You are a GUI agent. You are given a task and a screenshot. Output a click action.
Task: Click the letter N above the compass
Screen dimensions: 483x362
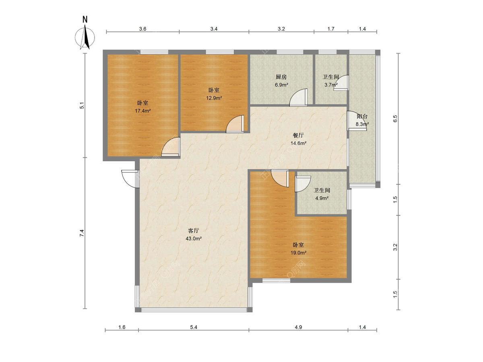85,20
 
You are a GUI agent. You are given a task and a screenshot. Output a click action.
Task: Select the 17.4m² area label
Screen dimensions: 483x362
142,111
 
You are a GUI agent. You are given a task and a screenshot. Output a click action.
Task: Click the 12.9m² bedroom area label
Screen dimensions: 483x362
214,98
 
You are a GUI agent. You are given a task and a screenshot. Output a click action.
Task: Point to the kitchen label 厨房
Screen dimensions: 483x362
281,77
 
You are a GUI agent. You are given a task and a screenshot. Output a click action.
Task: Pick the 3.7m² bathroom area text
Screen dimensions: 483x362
331,85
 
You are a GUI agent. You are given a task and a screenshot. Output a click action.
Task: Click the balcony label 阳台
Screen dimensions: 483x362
362,116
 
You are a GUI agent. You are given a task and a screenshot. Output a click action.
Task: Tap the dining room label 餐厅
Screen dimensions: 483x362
298,136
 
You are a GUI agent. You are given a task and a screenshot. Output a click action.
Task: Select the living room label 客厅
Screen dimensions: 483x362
194,230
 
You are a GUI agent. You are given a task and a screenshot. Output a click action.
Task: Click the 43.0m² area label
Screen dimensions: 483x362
194,239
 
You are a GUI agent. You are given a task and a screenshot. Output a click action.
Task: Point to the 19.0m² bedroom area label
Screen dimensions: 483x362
298,253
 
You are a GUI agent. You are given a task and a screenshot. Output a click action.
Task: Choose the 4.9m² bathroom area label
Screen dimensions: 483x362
322,198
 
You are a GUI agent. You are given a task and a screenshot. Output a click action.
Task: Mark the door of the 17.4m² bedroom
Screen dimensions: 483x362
171,147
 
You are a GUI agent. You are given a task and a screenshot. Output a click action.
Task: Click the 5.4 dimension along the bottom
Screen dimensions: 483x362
194,327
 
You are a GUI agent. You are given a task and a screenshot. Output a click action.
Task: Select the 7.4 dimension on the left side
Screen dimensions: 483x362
82,233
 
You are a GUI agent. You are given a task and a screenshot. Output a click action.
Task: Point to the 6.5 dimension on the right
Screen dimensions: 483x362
395,119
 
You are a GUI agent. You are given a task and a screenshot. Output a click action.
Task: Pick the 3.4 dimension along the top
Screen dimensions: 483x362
214,29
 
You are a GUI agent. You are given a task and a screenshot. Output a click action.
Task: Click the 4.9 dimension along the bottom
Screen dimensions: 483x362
298,327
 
